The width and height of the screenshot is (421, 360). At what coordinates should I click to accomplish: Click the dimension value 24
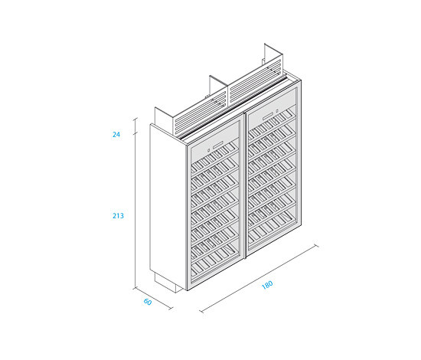(x=116, y=134)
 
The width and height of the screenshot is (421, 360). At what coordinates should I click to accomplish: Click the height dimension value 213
(x=118, y=215)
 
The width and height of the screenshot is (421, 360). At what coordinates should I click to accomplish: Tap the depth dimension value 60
(x=148, y=302)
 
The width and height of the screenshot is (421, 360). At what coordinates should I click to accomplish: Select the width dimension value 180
(x=267, y=285)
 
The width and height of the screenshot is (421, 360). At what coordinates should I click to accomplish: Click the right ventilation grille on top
(x=256, y=83)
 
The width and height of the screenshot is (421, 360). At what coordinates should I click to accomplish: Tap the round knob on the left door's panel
(x=209, y=150)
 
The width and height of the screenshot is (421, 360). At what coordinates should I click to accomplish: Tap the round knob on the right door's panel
(x=277, y=110)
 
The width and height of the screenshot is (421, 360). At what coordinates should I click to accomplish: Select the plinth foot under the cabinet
(x=168, y=283)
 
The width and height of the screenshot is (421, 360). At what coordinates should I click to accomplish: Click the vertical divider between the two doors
(x=245, y=185)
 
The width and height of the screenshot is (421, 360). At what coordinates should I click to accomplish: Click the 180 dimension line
(x=259, y=278)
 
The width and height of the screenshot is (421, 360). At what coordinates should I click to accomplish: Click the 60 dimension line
(x=153, y=299)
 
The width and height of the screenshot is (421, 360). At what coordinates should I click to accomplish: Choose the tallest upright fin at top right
(x=273, y=57)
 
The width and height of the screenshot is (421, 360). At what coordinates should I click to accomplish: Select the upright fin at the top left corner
(x=164, y=121)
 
